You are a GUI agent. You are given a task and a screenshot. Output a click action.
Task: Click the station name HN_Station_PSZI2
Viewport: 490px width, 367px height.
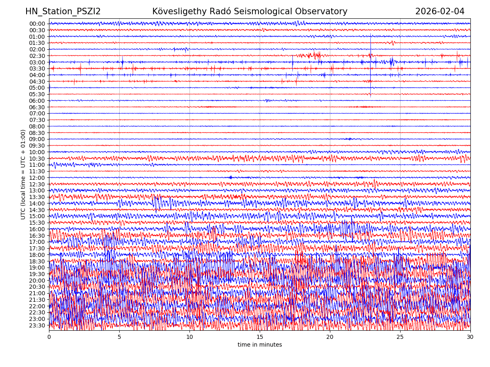(x=63, y=12)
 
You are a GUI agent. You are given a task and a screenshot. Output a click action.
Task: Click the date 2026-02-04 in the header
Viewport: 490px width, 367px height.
(x=440, y=12)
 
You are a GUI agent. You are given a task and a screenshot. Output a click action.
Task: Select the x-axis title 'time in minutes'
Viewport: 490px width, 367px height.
(x=260, y=345)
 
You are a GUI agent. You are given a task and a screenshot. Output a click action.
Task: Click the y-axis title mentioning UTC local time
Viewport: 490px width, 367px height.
(x=24, y=175)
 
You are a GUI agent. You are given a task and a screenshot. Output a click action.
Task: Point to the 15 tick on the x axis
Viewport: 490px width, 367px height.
(x=260, y=337)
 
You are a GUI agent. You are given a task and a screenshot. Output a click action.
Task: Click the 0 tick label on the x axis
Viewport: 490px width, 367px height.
(x=49, y=337)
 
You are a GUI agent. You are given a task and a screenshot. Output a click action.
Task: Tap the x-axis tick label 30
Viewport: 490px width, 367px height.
(x=470, y=337)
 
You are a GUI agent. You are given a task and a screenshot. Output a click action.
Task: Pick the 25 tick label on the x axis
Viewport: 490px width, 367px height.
(x=400, y=337)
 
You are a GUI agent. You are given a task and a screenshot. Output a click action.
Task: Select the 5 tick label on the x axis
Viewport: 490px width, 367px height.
(x=119, y=337)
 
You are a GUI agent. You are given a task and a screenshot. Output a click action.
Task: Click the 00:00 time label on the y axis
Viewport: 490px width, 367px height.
(x=37, y=24)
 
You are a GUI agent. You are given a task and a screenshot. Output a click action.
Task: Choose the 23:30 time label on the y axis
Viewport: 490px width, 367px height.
(x=37, y=325)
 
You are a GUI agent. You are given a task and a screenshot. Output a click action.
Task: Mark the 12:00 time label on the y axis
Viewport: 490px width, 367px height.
(x=37, y=178)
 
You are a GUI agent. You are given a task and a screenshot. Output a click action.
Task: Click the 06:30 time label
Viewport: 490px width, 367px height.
(x=37, y=107)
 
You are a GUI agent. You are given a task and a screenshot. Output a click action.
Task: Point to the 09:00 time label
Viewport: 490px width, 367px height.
(x=37, y=139)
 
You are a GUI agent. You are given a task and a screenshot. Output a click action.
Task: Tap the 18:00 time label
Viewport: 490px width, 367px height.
(x=37, y=255)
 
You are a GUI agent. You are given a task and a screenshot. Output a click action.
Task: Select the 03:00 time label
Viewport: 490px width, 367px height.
(x=37, y=62)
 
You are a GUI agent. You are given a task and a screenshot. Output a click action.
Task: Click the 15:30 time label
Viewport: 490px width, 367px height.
(x=37, y=223)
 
